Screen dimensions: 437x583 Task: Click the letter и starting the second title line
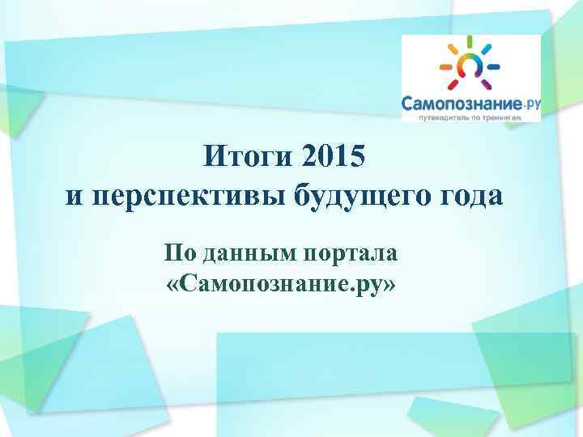(73, 197)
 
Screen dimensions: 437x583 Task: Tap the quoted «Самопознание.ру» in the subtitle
(280, 282)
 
